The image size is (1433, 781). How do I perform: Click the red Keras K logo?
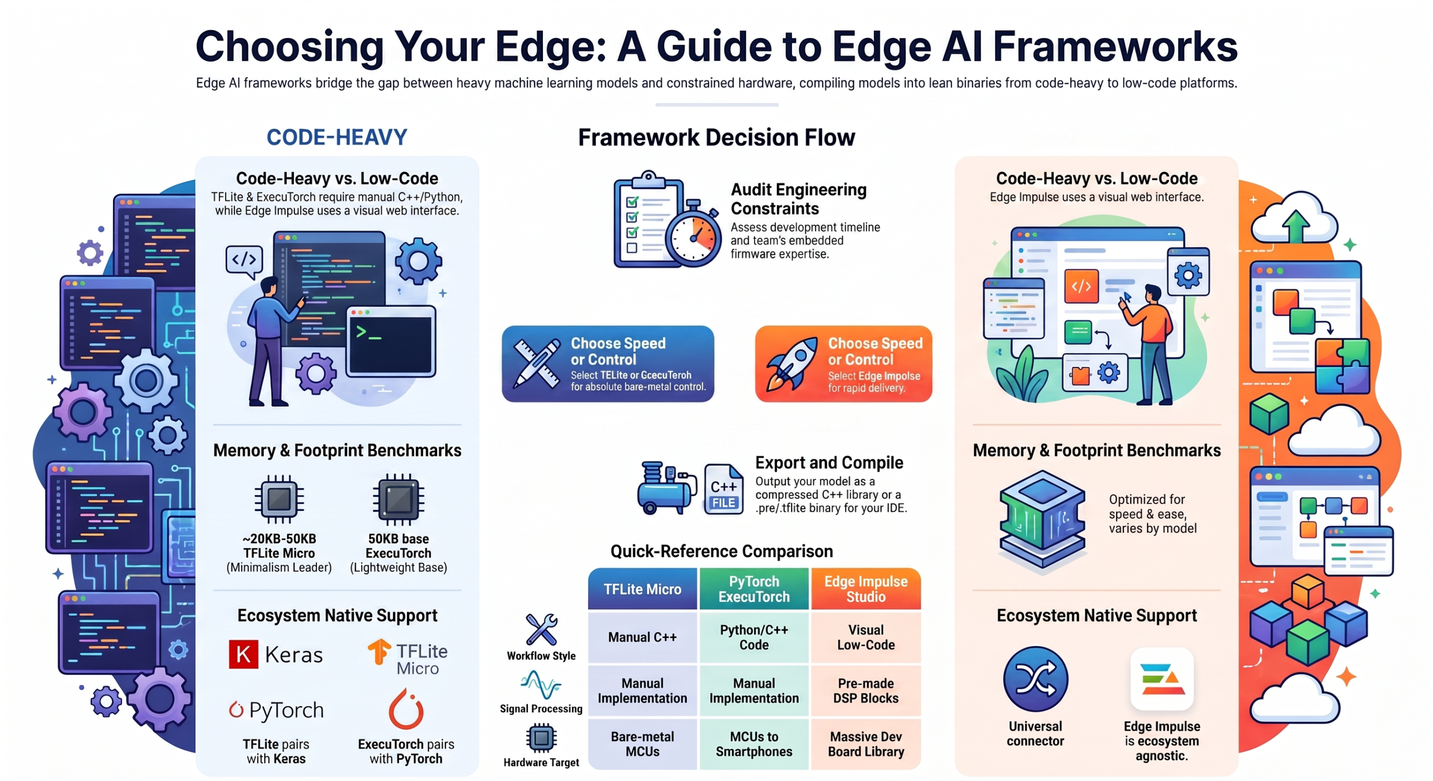coord(243,653)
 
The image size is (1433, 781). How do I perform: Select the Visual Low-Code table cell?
coord(865,637)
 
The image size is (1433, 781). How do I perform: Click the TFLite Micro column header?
coord(642,589)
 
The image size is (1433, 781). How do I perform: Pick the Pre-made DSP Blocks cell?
coord(865,690)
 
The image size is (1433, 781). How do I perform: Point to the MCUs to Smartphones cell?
coord(753,744)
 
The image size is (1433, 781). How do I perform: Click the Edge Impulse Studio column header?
coord(865,589)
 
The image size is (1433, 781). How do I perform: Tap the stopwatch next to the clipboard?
coord(693,234)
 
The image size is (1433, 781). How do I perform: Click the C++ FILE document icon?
coord(723,488)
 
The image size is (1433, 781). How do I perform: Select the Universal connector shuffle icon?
coord(1035,679)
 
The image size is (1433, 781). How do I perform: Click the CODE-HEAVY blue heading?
coord(336,137)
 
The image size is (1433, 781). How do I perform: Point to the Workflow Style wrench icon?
coord(541,629)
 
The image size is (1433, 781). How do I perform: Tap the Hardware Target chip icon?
coord(541,738)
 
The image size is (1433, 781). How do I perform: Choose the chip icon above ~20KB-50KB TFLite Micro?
coord(279,498)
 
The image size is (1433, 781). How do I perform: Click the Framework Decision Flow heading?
coord(716,137)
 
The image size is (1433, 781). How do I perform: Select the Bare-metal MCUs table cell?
coord(642,744)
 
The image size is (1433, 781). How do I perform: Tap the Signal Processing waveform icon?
coord(541,684)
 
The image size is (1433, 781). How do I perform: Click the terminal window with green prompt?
coord(391,341)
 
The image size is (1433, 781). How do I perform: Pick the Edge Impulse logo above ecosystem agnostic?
coord(1162,679)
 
